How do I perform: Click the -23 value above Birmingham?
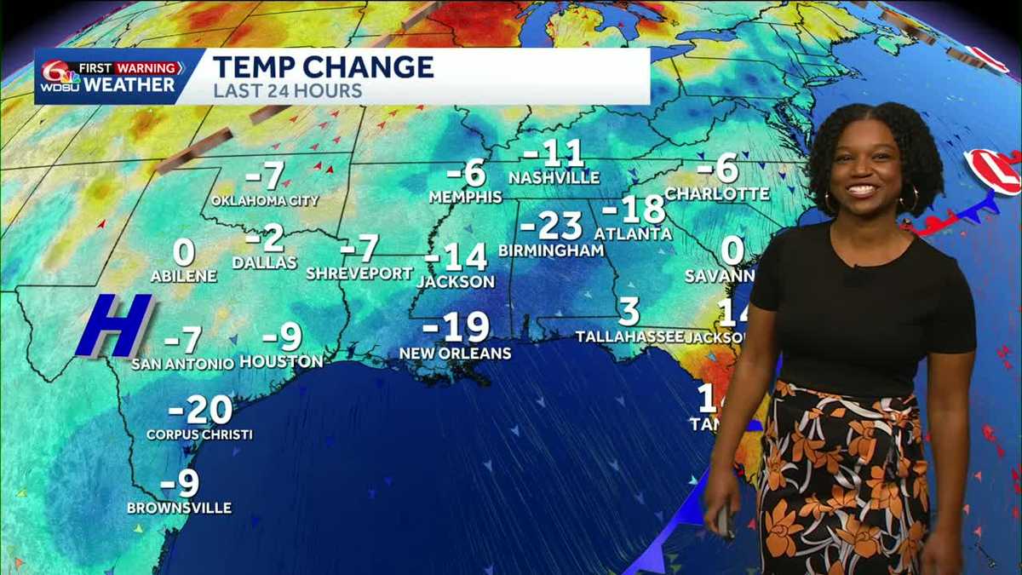[x=551, y=227]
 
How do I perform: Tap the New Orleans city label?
[x=456, y=353]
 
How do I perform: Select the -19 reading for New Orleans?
[x=456, y=327]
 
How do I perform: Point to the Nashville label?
[x=554, y=178]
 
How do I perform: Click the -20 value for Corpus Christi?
[x=200, y=411]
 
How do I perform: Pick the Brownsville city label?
[x=179, y=508]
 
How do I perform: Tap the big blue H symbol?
[x=114, y=325]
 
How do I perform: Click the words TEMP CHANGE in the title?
[x=323, y=66]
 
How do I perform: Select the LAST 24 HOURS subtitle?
[x=287, y=90]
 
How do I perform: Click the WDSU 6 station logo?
[x=59, y=77]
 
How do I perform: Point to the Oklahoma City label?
[x=265, y=201]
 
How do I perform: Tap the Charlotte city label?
[x=716, y=194]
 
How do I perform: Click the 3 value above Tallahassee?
[x=629, y=312]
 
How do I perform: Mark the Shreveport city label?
[x=359, y=273]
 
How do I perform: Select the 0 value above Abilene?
[x=184, y=253]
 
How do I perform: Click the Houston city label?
[x=281, y=362]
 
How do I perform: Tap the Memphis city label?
[x=465, y=197]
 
